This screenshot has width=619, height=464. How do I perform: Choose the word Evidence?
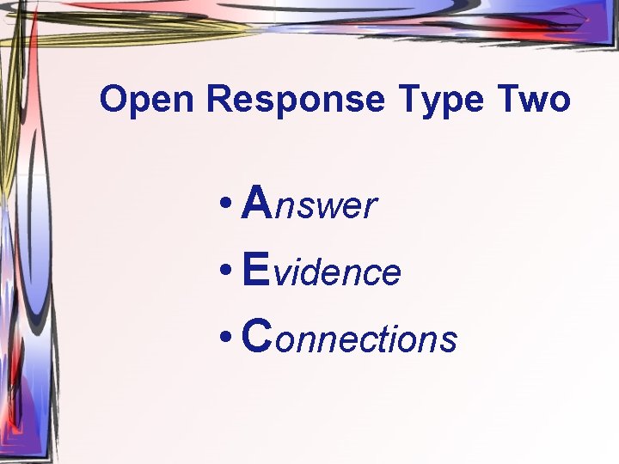322,272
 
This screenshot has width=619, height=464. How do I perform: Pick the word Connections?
349,338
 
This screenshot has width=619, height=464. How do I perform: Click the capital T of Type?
405,100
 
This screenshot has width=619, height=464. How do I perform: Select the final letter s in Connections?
449,340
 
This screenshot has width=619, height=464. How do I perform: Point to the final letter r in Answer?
371,207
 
